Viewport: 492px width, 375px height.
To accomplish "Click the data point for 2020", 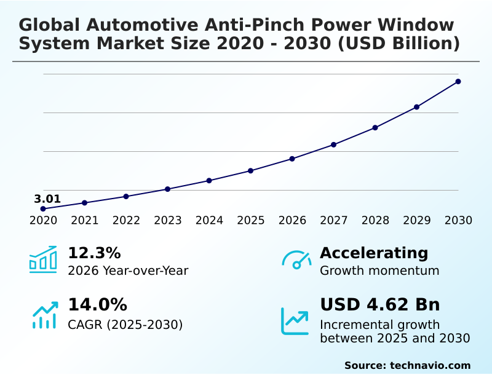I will pyautogui.click(x=43, y=209).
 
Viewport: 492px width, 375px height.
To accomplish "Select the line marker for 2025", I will pyautogui.click(x=251, y=170).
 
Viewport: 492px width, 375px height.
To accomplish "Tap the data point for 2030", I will pyautogui.click(x=458, y=81).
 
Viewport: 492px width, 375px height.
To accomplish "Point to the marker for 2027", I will pyautogui.click(x=334, y=144).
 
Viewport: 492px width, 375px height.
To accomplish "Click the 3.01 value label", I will pyautogui.click(x=47, y=199).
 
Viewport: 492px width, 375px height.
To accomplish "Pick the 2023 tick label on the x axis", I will pyautogui.click(x=168, y=221).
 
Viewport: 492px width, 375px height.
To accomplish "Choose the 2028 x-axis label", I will pyautogui.click(x=375, y=221).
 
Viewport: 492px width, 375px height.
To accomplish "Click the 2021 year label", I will pyautogui.click(x=85, y=221).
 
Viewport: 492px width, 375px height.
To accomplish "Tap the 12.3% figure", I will pyautogui.click(x=94, y=253).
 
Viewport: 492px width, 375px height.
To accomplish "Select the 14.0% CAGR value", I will pyautogui.click(x=97, y=305).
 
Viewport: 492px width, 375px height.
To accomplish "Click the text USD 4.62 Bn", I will pyautogui.click(x=380, y=305).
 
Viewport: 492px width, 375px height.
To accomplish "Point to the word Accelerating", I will pyautogui.click(x=374, y=253).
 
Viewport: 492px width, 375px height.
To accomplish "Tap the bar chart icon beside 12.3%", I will pyautogui.click(x=43, y=260).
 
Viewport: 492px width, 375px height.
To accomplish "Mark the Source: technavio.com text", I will pyautogui.click(x=407, y=365).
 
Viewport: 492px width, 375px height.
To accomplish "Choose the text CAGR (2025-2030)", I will pyautogui.click(x=125, y=325).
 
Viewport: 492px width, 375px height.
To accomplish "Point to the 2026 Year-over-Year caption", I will pyautogui.click(x=128, y=270).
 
